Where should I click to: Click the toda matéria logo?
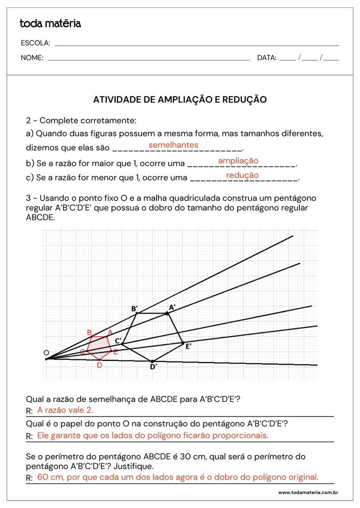click(50, 24)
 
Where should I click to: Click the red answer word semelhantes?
click(173, 145)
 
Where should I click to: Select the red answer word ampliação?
click(238, 161)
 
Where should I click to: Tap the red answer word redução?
click(242, 175)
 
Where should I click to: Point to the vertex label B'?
click(135, 308)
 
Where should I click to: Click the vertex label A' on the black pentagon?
click(172, 307)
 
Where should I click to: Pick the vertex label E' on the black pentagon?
click(188, 346)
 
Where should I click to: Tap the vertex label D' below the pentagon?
click(153, 367)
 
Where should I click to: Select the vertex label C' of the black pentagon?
click(118, 341)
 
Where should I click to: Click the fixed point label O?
click(46, 353)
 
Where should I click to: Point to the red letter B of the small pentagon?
click(89, 333)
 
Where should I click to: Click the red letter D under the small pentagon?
click(99, 365)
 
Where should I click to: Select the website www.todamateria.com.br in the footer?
click(307, 493)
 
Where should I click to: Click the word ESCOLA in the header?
click(35, 43)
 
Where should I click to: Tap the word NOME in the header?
click(32, 58)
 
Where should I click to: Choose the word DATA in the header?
click(266, 58)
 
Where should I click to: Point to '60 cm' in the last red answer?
click(50, 478)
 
